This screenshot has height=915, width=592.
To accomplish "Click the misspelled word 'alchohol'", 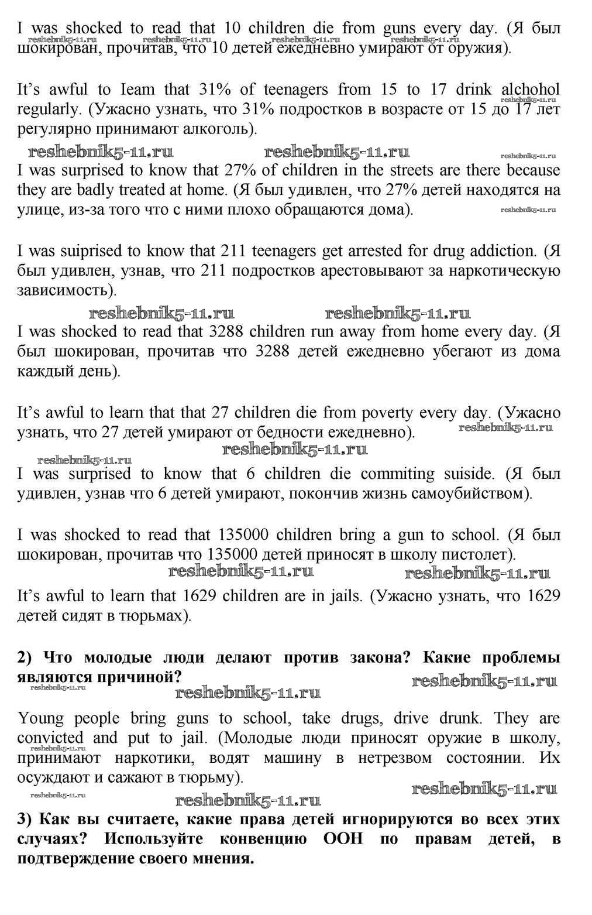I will (x=530, y=90).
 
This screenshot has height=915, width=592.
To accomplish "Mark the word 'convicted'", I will (x=50, y=738).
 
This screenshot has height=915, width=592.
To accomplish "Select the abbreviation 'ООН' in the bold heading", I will (x=343, y=838).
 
